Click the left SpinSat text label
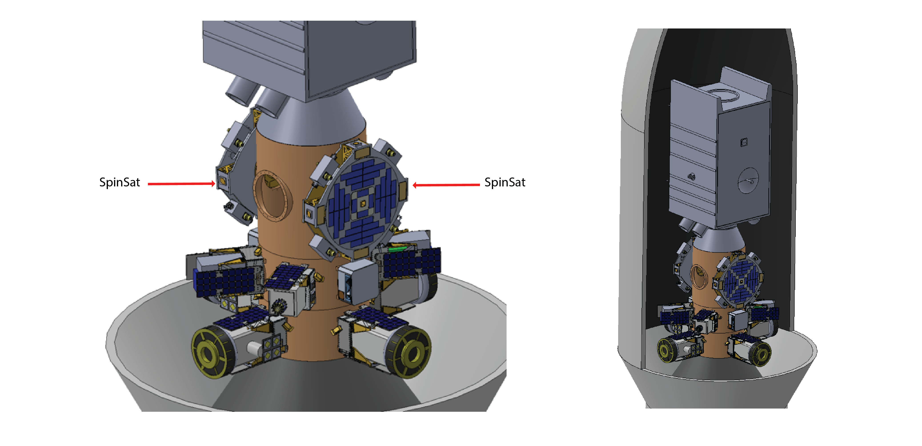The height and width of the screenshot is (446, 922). [120, 182]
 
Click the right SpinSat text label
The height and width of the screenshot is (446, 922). [505, 182]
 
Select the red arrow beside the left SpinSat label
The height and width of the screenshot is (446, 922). [181, 184]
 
